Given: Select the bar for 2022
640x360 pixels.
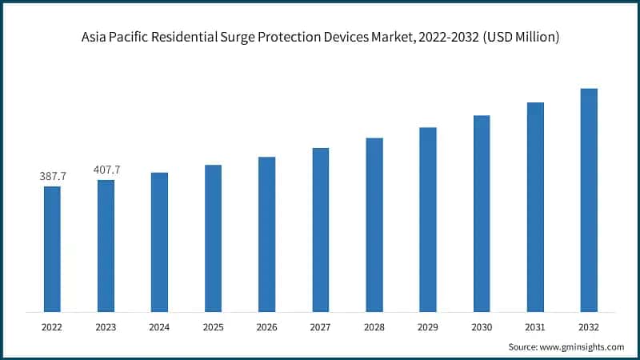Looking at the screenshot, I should pos(52,249).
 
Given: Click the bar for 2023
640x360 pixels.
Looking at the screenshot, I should pos(106,246).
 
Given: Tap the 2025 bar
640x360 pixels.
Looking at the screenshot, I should pos(213,238).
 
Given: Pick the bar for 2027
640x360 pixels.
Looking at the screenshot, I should pos(320,230).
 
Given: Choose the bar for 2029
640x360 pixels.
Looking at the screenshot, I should pos(428,219).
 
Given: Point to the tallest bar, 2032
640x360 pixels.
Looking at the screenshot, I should pos(589,200).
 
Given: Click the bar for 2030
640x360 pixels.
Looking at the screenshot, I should pos(482,214).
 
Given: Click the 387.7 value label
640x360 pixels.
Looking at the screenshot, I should pos(53,176).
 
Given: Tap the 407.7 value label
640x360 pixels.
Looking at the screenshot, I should pos(106,170).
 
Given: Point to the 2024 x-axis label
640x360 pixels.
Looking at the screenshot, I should pos(159,327).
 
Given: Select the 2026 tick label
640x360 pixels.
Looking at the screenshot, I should pos(266,327).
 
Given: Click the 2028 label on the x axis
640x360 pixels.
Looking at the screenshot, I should pos(374,327).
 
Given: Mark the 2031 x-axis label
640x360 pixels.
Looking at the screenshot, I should pos(535,327).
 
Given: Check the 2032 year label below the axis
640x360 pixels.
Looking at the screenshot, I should pos(589,327).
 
